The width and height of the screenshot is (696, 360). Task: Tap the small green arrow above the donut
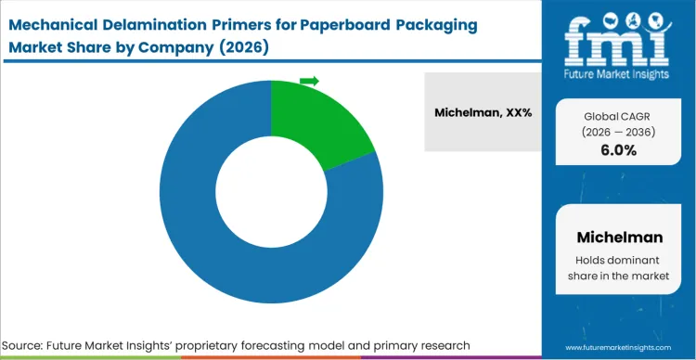click(309, 82)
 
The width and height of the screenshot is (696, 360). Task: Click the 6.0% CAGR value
click(618, 150)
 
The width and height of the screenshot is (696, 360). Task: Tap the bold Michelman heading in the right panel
click(618, 237)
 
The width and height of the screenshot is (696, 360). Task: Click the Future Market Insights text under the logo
click(618, 70)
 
